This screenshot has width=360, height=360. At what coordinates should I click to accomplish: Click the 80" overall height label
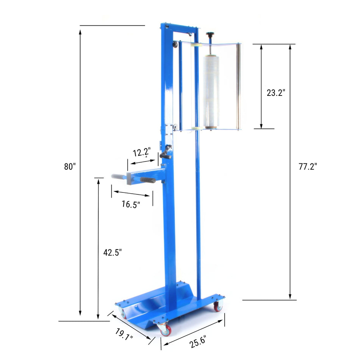70,166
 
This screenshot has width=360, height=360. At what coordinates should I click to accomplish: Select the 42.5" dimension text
113,253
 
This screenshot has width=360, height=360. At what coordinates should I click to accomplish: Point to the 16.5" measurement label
131,204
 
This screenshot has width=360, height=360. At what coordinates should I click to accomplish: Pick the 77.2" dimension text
307,166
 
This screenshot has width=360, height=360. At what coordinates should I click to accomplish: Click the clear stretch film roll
211,91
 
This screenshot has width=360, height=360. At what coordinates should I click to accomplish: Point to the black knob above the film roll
210,35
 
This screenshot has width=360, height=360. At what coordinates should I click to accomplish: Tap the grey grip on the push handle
119,177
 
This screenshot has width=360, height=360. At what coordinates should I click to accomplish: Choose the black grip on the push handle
148,180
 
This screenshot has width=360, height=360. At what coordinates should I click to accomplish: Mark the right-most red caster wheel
217,306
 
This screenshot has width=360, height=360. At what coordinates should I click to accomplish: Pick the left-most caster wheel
122,313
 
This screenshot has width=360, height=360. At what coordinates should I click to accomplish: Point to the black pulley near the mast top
175,45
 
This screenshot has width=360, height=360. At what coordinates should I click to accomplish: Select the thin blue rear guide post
197,189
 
